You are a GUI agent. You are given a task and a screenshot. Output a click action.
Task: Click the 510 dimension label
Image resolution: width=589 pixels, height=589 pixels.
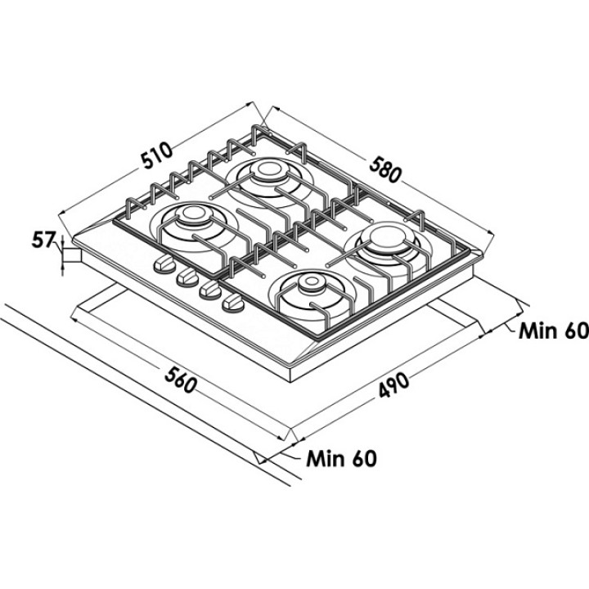coord(156,155)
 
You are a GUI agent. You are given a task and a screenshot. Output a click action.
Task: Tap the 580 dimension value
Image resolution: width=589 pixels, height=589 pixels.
coord(385,170)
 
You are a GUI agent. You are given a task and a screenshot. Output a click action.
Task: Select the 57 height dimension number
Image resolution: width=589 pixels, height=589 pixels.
coord(43,240)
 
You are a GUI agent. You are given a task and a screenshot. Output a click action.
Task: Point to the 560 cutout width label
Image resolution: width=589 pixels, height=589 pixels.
coord(180,380)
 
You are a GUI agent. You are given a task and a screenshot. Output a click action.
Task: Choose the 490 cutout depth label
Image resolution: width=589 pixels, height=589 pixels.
coord(393,384)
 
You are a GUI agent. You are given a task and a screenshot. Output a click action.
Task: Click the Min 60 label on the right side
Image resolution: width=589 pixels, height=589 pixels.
coord(554,331)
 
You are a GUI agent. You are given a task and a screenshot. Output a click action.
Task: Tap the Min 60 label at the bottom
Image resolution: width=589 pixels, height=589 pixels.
coord(341,458)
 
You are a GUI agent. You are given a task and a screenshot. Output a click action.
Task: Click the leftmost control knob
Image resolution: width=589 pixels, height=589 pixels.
coord(164,264)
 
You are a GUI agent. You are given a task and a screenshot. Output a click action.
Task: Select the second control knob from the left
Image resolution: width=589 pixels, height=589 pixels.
coord(187,277)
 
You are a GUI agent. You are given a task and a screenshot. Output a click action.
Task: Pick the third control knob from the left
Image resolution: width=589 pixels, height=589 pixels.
coord(210,290)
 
